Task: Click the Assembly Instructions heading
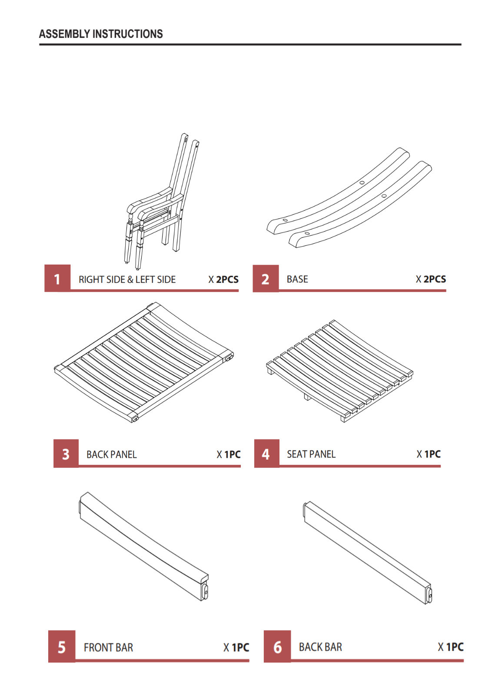101,34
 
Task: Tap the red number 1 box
57,278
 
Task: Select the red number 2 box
266,278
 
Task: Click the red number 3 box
66,453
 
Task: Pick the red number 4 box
266,453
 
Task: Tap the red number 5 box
62,646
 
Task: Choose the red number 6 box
277,646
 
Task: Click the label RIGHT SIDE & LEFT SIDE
127,280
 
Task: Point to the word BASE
297,279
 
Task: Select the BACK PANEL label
111,454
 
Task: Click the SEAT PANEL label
311,454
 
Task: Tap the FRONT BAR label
108,648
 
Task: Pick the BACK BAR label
320,647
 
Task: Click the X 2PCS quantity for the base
431,279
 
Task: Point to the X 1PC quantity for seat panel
429,454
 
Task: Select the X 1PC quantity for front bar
236,648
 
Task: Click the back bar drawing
368,552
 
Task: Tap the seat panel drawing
339,371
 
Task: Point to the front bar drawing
143,546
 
